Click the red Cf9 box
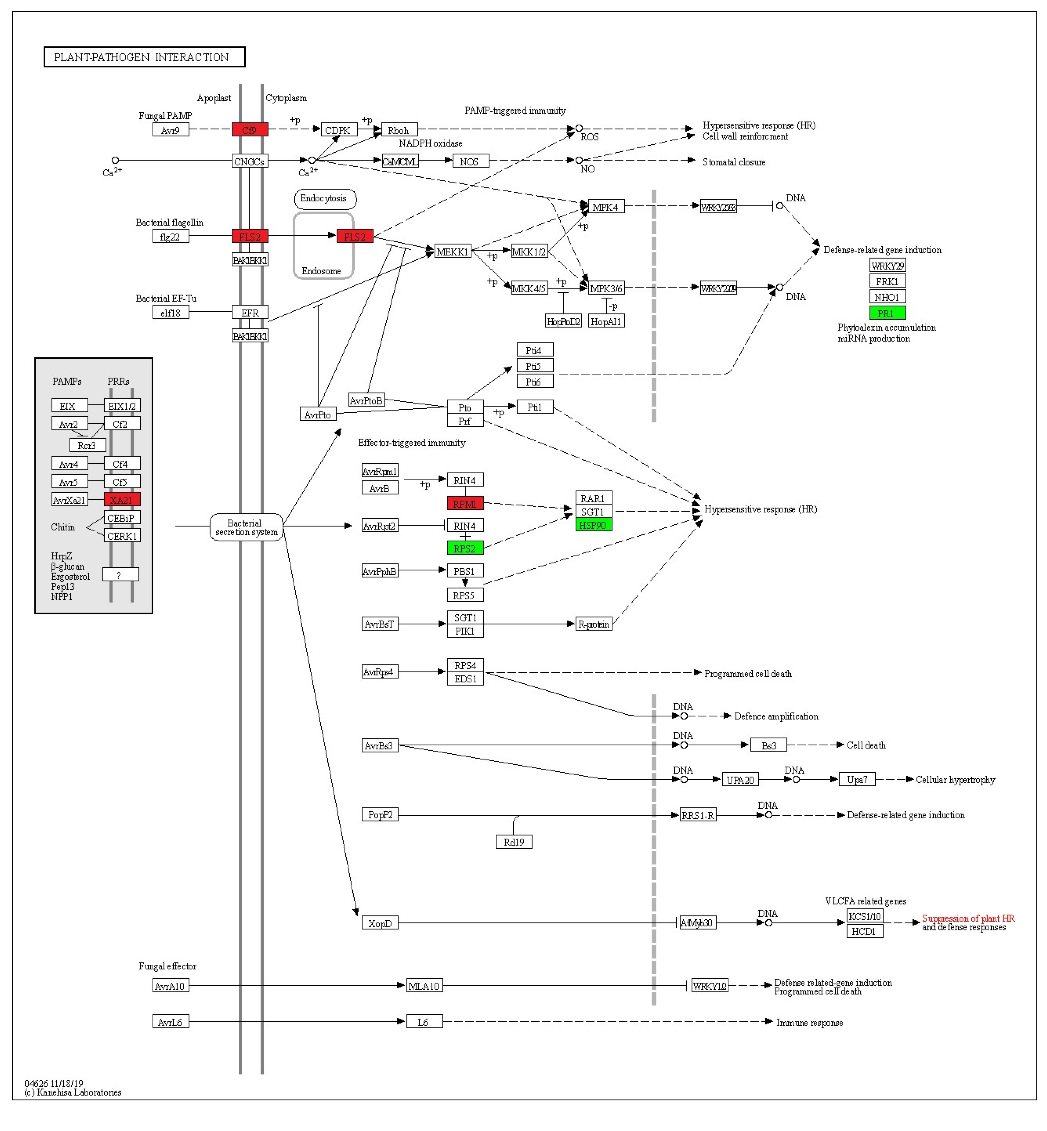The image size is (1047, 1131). click(x=249, y=130)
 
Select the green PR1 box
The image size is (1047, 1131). click(x=887, y=313)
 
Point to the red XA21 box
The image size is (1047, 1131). click(x=122, y=499)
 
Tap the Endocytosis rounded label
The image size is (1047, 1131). click(x=325, y=198)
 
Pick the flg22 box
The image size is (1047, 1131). click(x=170, y=236)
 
